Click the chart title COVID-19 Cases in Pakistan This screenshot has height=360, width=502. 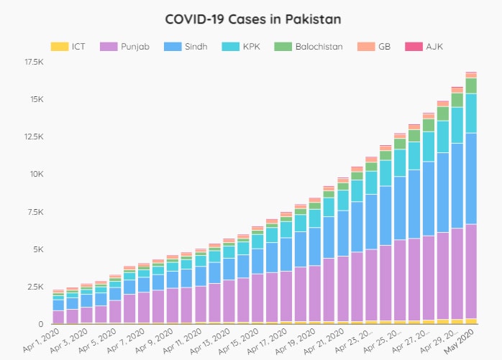pyautogui.click(x=251, y=18)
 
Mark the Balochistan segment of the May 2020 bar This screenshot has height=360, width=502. pyautogui.click(x=471, y=86)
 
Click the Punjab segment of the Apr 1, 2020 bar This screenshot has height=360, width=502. pyautogui.click(x=58, y=317)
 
